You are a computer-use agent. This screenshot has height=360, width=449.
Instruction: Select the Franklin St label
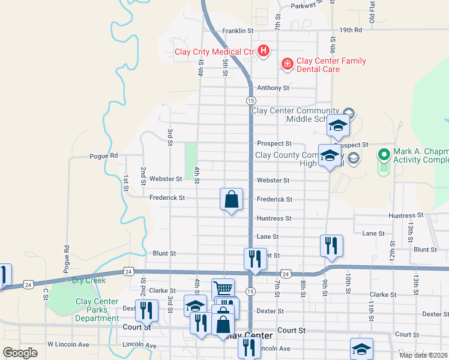point(238,31)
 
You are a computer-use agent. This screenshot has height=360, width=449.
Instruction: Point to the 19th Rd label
point(351,30)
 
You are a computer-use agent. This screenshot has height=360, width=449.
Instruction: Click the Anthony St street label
point(273,88)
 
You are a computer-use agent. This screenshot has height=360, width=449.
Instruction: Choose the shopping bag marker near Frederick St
point(231,199)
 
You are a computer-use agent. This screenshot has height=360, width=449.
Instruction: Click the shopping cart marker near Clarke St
point(223,289)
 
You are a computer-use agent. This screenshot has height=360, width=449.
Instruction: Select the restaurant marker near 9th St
point(331,245)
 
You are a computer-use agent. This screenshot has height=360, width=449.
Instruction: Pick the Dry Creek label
point(89,280)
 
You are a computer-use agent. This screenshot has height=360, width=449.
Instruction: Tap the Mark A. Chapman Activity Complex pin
point(384,155)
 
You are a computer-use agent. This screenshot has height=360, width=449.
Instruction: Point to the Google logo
point(20,353)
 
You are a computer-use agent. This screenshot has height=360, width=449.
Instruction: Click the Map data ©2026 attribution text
point(423,355)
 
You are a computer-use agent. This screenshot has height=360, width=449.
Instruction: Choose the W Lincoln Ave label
point(68,345)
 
